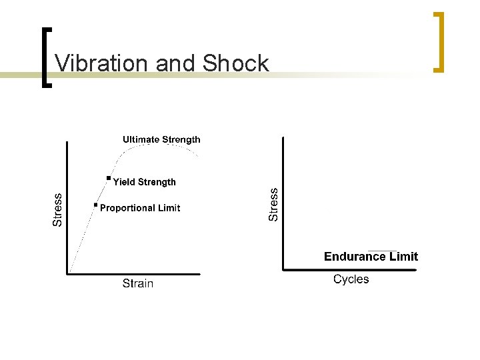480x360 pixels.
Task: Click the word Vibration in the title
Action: (101, 63)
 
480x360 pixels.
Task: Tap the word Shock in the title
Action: (235, 63)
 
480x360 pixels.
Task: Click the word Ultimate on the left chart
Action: (141, 140)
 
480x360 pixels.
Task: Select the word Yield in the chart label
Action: (124, 182)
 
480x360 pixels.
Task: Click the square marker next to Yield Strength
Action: (108, 179)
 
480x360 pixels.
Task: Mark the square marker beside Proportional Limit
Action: (95, 205)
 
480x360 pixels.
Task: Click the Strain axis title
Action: (138, 284)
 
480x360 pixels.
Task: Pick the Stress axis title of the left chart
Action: (58, 209)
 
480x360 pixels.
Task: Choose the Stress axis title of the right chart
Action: (273, 203)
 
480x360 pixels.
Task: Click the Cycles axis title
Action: (351, 279)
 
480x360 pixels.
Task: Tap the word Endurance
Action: (355, 257)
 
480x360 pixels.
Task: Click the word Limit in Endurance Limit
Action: (403, 257)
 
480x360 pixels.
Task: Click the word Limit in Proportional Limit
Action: (169, 208)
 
